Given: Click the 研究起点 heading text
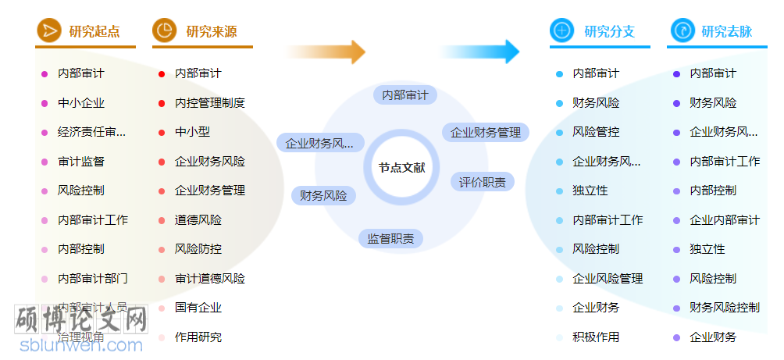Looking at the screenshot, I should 94,31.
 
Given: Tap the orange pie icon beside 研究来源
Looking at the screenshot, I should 165,30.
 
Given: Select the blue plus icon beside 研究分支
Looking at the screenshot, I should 561,30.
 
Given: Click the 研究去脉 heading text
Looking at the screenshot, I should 726,31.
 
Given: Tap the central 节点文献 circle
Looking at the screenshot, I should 402,167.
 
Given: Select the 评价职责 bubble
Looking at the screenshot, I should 482,182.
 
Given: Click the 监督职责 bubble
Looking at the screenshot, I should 390,238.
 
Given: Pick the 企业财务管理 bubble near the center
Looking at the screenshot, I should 486,132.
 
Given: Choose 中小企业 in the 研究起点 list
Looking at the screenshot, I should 81,102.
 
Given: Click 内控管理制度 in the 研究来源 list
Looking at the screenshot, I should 209,102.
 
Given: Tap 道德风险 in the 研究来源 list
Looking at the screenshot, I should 198,219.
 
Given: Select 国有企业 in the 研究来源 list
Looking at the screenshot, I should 198,308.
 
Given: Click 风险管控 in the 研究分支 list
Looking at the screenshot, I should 596,132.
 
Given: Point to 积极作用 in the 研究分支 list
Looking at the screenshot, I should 596,337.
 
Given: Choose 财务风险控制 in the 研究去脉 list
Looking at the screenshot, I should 724,308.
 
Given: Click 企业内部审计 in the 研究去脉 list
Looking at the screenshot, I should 724,219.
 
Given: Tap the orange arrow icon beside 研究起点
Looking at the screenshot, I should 48,30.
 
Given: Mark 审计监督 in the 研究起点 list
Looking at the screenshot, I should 81,161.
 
